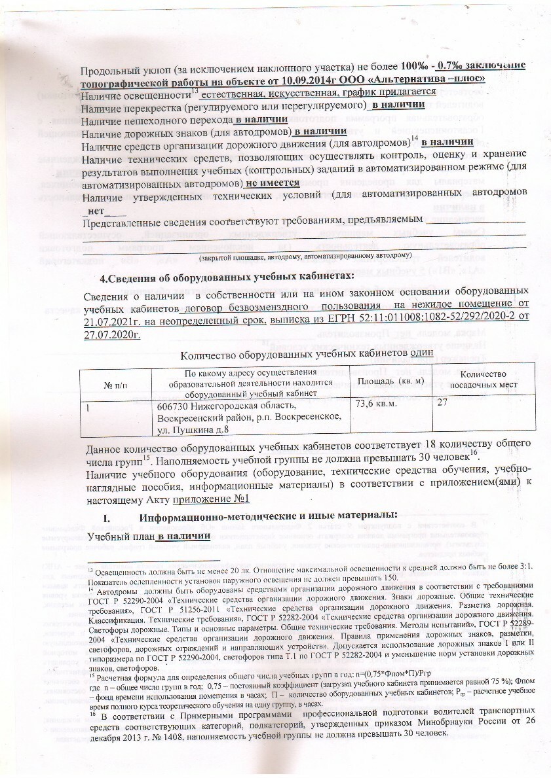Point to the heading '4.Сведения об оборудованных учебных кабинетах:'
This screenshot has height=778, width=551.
click(226, 274)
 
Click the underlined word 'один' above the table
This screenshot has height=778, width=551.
click(421, 353)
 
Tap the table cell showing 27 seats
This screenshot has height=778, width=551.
click(445, 405)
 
